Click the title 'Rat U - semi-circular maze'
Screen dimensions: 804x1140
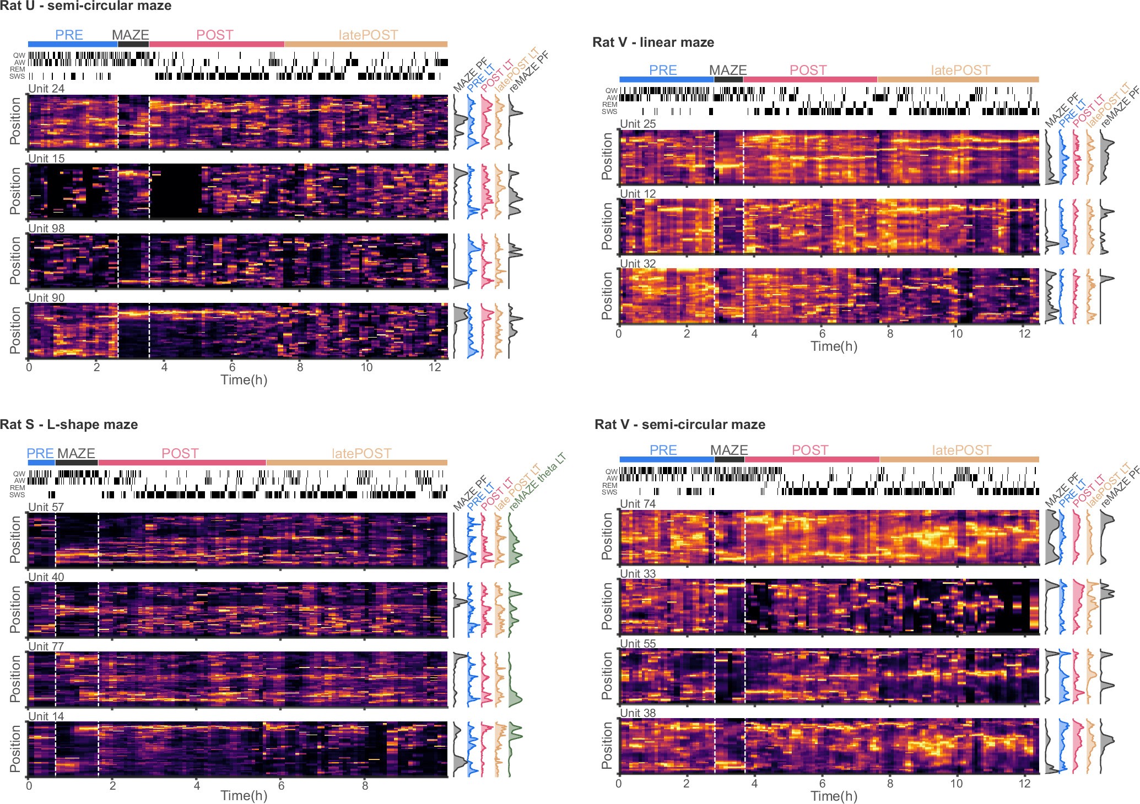(x=86, y=6)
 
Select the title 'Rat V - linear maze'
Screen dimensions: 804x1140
(x=653, y=42)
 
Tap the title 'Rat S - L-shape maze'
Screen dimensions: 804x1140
(x=69, y=425)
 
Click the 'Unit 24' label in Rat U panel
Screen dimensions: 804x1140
(x=46, y=89)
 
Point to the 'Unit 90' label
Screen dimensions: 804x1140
(x=46, y=298)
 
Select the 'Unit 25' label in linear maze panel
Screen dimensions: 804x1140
(x=638, y=124)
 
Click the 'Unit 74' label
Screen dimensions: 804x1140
(x=638, y=504)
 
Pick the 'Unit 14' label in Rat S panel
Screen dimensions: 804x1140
(x=46, y=716)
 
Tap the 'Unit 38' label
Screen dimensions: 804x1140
(x=638, y=713)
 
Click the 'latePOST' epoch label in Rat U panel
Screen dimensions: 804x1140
(x=368, y=35)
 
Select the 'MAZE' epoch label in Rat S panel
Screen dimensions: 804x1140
(x=77, y=454)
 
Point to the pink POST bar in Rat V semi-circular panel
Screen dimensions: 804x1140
(x=811, y=459)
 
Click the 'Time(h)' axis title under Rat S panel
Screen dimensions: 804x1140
(x=244, y=796)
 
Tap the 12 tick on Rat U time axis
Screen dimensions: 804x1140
(x=435, y=368)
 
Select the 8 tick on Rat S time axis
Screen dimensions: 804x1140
(x=365, y=786)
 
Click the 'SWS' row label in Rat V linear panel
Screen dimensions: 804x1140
(x=609, y=112)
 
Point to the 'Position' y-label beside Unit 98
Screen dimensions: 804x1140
(x=15, y=260)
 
